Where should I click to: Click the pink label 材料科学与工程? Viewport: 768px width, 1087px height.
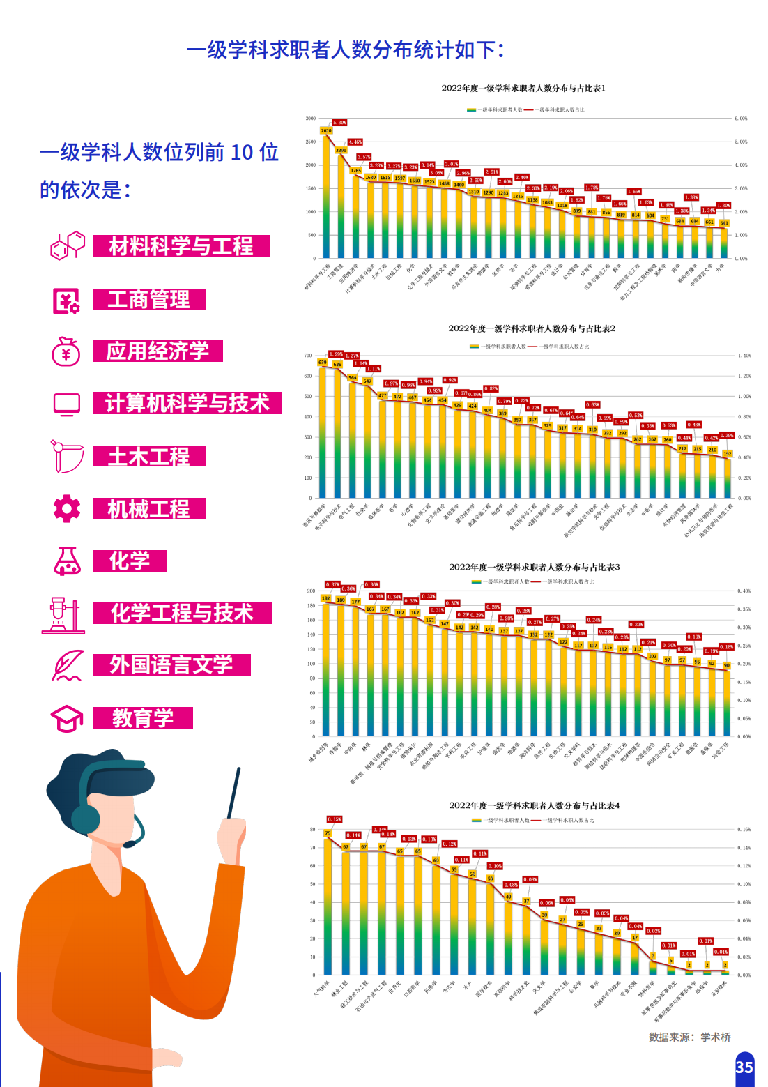point(181,246)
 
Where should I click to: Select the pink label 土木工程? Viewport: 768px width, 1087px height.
point(149,457)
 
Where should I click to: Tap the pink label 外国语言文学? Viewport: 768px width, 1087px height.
point(171,665)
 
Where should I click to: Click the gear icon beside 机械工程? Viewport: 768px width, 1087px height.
point(67,508)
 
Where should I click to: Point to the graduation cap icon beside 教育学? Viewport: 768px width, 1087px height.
point(67,718)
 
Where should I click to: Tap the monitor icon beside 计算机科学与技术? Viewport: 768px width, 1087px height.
point(67,404)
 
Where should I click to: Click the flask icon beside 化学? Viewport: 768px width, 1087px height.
point(67,561)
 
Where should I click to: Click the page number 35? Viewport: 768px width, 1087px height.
point(744,1067)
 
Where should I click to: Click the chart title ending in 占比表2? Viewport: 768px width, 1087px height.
point(532,328)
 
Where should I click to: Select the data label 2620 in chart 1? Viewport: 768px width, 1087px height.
point(326,130)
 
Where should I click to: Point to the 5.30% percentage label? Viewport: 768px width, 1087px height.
point(339,122)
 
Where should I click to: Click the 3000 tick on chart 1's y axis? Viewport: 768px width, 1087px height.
point(310,119)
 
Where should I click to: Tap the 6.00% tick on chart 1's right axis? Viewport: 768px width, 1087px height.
point(741,119)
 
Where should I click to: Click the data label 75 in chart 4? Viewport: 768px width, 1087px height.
point(328,833)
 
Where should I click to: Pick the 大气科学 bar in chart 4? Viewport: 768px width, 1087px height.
point(328,906)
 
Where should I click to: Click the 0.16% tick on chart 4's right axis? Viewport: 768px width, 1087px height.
point(744,830)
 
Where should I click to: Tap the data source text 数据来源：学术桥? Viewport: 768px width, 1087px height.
point(689,1037)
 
